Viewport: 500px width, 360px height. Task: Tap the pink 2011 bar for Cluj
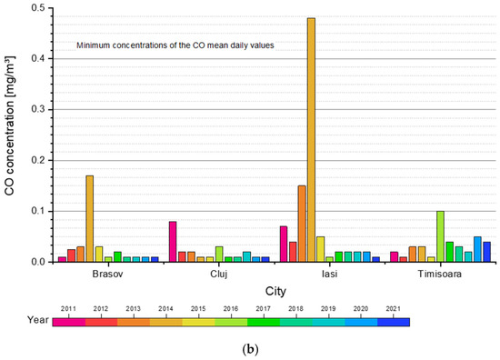coord(173,242)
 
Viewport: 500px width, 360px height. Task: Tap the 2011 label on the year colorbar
coord(68,308)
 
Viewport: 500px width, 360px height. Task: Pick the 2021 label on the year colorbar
coord(393,308)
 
